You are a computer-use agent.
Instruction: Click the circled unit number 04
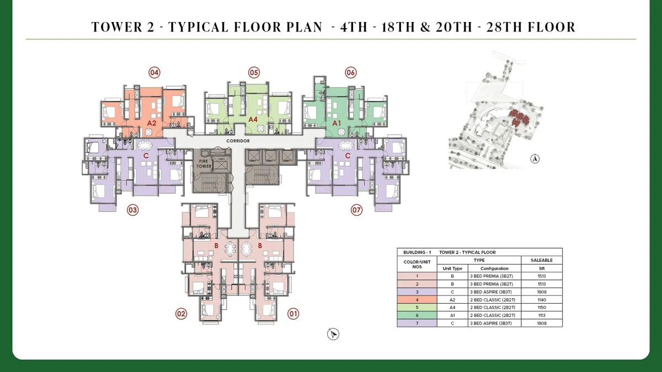click(x=154, y=72)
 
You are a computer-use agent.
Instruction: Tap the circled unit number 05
click(x=254, y=72)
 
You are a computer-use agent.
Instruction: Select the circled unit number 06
click(x=351, y=72)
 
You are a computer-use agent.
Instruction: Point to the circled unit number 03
click(x=132, y=210)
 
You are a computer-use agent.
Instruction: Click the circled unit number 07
click(x=357, y=210)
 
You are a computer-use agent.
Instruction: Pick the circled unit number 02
click(x=181, y=314)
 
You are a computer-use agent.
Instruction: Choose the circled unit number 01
click(x=293, y=314)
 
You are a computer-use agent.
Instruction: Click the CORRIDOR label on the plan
click(x=238, y=141)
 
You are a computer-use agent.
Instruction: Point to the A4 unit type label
click(x=253, y=119)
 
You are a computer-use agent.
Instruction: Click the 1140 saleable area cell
click(x=541, y=299)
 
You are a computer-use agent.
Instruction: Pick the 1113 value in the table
click(x=541, y=315)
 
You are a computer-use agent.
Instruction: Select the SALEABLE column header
click(x=541, y=260)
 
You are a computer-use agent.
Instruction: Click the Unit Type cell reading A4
click(x=452, y=307)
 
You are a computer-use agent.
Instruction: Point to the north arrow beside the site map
click(x=535, y=159)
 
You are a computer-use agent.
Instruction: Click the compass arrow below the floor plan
click(x=333, y=334)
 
